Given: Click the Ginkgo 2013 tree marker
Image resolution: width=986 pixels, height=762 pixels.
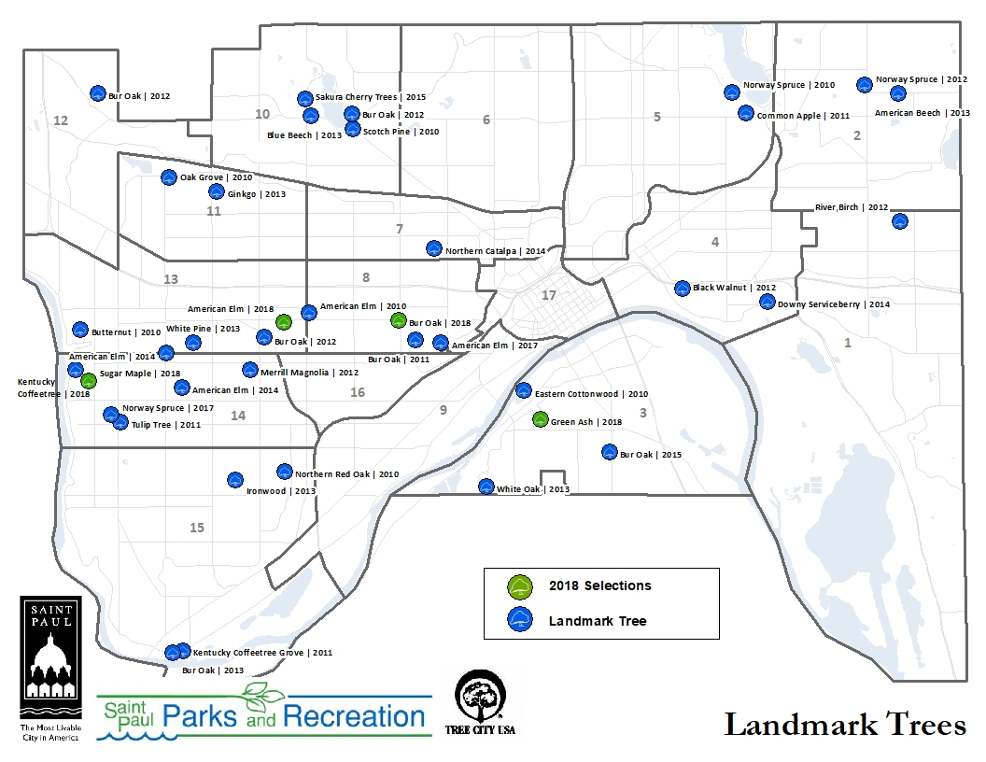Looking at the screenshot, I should coord(216,192).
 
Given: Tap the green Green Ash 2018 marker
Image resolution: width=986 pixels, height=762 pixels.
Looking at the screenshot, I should coord(540,420).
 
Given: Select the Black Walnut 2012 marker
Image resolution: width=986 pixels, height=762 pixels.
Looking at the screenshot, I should coord(682,288).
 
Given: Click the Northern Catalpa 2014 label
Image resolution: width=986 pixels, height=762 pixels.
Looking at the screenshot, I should coord(495,252).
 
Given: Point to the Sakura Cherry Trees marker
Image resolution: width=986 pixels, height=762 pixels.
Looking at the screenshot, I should coord(304,98).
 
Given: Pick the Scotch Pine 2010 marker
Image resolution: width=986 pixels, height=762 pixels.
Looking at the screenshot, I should coord(352,130).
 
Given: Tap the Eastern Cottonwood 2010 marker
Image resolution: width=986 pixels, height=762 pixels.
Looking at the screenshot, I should coord(524,390).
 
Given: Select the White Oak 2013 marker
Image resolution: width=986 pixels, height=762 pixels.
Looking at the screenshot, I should coord(486,487).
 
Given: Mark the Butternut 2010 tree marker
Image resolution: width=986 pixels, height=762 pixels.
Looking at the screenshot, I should coord(80,330).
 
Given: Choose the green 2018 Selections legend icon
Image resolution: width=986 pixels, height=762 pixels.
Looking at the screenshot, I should coord(519,586).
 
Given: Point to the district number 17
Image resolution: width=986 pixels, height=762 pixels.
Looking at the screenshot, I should coord(549,295).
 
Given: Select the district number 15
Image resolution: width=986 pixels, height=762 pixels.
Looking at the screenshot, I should coord(197,528).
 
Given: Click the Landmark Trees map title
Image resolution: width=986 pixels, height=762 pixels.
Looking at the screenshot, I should coord(844,725).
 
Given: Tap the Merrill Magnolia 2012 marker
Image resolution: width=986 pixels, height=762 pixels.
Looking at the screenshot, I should coord(249,370).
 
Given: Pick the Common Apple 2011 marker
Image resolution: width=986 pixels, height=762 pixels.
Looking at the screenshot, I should coord(745,113).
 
